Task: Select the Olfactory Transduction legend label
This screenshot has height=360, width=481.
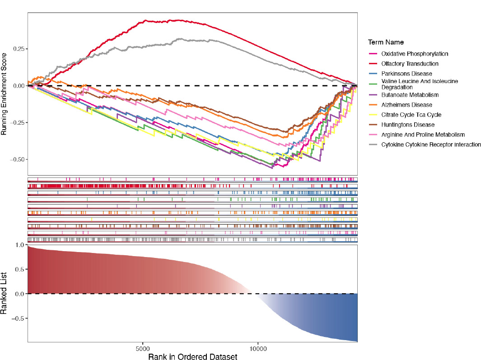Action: tap(409, 64)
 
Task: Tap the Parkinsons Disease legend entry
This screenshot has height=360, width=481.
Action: tap(406, 74)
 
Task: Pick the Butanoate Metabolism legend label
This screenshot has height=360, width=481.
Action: tap(410, 95)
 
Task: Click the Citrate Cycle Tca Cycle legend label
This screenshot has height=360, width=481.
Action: tap(411, 115)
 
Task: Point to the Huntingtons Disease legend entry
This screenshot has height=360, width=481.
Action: tap(407, 125)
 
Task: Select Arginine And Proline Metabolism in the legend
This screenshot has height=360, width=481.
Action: tap(423, 135)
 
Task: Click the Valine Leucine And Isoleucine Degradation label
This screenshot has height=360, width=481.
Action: tap(420, 84)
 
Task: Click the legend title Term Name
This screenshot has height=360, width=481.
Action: tap(386, 42)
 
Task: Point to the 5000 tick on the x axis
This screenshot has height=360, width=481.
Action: tap(143, 349)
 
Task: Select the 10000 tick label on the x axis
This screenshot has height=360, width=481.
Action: tap(258, 349)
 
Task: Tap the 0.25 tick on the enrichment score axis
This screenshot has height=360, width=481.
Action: tap(17, 49)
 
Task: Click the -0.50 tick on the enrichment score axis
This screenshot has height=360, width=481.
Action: tap(16, 159)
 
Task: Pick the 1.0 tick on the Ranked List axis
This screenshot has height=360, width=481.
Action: tap(19, 245)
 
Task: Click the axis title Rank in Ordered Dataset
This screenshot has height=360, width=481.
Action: tap(192, 356)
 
